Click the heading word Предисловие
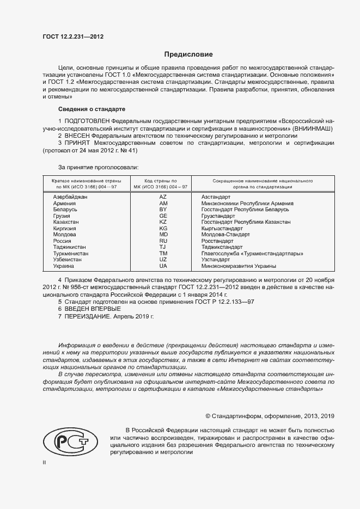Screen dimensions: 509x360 click(x=188, y=54)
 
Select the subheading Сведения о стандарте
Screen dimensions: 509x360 click(x=91, y=109)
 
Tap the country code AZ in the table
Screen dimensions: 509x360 click(x=163, y=196)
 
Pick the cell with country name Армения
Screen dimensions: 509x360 click(x=65, y=203)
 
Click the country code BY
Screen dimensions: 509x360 click(x=163, y=209)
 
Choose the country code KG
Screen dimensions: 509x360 click(x=163, y=229)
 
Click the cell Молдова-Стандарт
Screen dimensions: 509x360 click(x=225, y=235)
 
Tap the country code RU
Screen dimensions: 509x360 click(x=163, y=241)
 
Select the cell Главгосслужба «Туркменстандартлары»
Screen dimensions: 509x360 click(x=252, y=254)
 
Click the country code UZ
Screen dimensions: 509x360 click(x=163, y=260)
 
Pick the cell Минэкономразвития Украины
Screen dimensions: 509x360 click(x=239, y=266)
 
